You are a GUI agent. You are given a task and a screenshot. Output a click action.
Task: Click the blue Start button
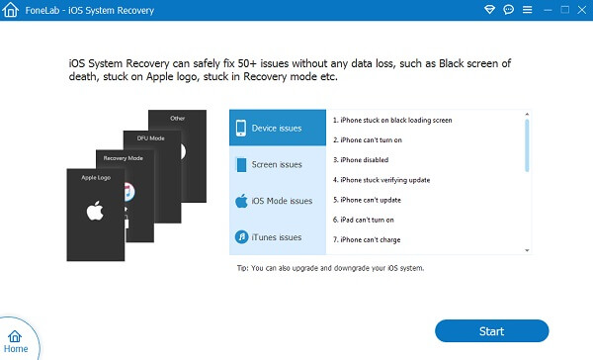click(491, 331)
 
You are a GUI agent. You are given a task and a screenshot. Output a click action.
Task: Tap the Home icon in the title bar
click(10, 10)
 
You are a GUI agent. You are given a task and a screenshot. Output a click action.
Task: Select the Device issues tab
click(278, 128)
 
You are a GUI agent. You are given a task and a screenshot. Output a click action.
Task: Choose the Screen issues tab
click(278, 164)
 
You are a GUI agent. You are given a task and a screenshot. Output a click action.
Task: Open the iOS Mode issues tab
click(278, 201)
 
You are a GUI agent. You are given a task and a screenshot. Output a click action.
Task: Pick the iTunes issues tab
click(278, 237)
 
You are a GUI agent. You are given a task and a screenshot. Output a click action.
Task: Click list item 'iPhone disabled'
click(361, 160)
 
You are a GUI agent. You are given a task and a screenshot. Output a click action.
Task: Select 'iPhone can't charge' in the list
click(367, 239)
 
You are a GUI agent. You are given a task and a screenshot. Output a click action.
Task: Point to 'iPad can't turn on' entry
click(364, 220)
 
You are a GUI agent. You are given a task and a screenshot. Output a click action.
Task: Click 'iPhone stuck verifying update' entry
click(381, 180)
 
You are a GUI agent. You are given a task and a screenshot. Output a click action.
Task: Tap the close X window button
click(582, 10)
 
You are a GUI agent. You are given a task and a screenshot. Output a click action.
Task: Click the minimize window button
click(548, 10)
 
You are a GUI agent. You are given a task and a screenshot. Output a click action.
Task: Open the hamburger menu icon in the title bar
click(527, 10)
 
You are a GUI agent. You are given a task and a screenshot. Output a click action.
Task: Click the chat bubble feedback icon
click(509, 10)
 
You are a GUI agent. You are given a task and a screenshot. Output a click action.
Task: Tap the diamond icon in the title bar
click(490, 10)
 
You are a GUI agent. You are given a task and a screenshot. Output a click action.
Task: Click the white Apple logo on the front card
click(95, 211)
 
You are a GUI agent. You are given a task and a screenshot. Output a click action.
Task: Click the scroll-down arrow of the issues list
click(527, 250)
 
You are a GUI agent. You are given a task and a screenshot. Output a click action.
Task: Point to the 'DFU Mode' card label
click(150, 138)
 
